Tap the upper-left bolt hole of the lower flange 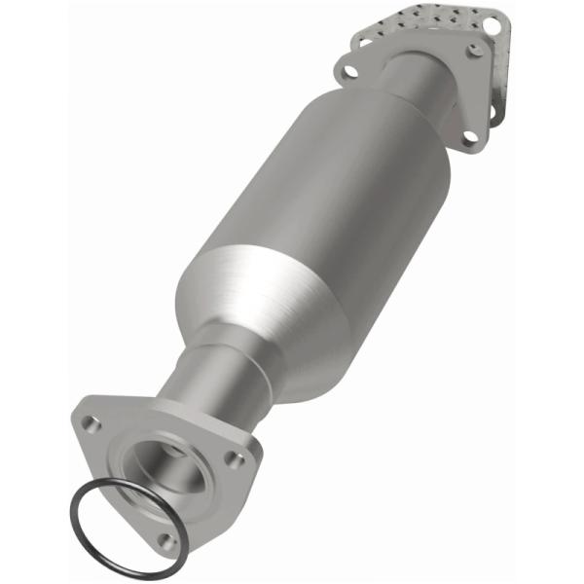tap(91, 423)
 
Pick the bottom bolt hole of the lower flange tap(166, 538)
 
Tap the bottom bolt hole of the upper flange tap(470, 137)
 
